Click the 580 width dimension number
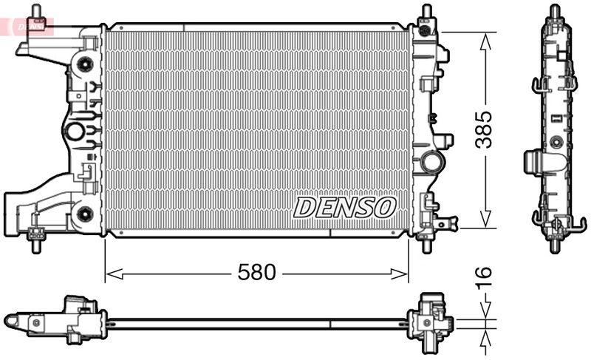point(256,273)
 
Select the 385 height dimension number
point(483,130)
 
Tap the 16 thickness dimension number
point(483,278)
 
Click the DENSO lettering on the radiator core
point(345,208)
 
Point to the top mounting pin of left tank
point(36,13)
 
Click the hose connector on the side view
point(536,161)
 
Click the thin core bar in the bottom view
point(259,322)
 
